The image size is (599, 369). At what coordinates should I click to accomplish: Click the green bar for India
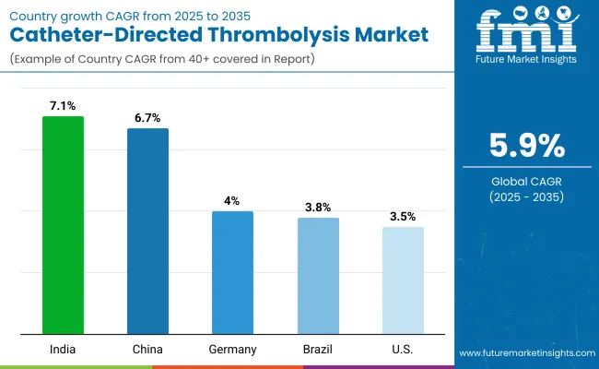(63, 225)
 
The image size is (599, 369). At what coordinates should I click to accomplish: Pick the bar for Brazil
(318, 276)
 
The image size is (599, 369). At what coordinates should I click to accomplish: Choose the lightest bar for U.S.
(403, 280)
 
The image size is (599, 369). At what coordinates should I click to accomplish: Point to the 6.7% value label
(147, 119)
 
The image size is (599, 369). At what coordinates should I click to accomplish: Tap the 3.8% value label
(318, 208)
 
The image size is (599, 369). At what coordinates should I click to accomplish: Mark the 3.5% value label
(403, 218)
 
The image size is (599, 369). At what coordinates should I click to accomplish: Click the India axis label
(63, 350)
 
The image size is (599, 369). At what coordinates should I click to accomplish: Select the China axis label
(147, 350)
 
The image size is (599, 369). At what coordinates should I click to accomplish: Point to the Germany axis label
(232, 350)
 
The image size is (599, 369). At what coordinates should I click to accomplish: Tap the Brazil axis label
(318, 350)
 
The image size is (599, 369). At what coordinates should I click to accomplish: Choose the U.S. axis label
(403, 350)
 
